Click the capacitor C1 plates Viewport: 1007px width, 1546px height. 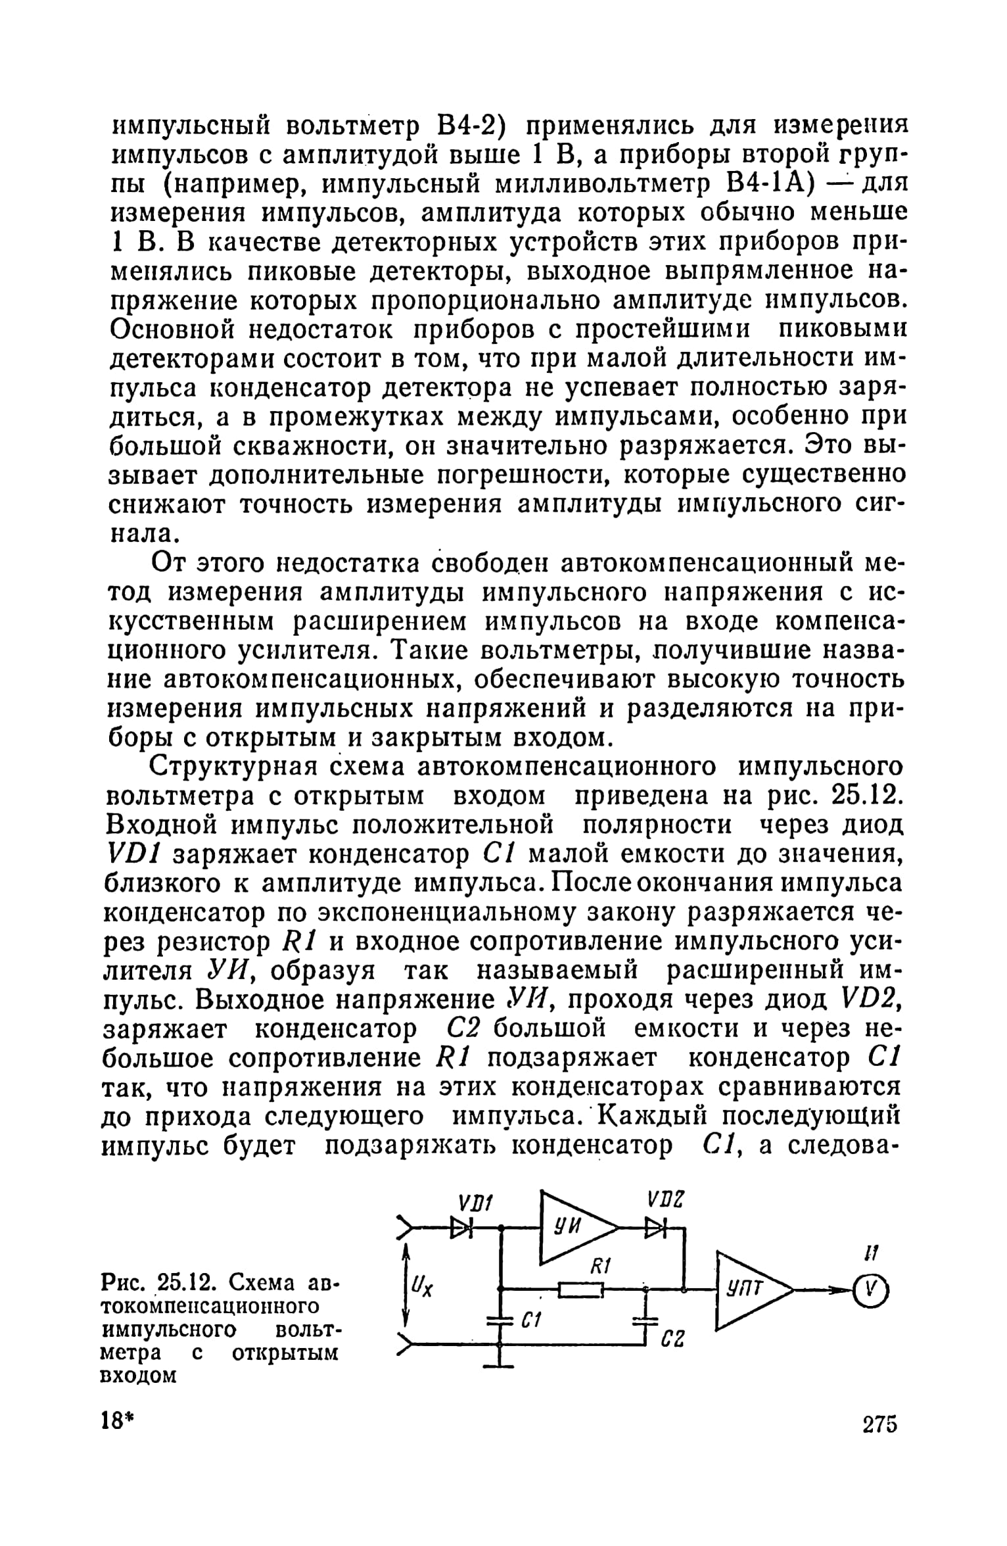(501, 1320)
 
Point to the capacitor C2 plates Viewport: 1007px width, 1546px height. (647, 1319)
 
